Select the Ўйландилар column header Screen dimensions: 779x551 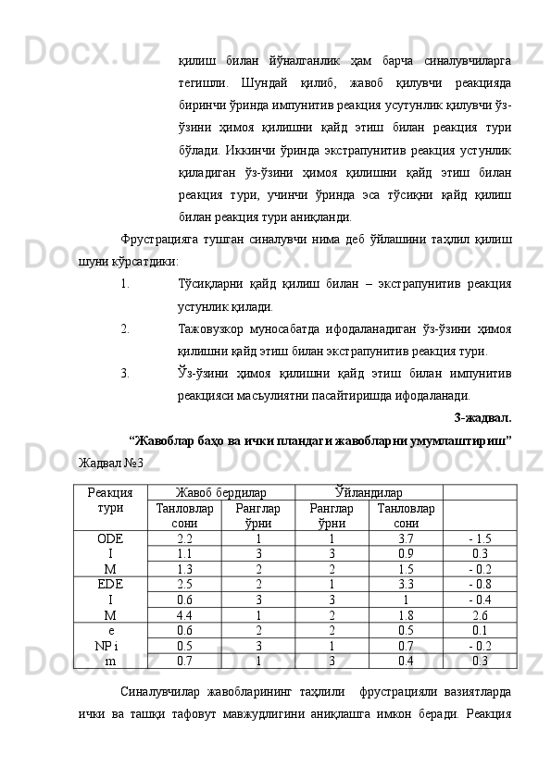(369, 493)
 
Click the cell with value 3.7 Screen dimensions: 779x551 (406, 538)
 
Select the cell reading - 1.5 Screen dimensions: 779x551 (480, 538)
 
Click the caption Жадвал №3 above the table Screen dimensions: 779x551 (111, 462)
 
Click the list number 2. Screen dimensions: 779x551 (124, 328)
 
